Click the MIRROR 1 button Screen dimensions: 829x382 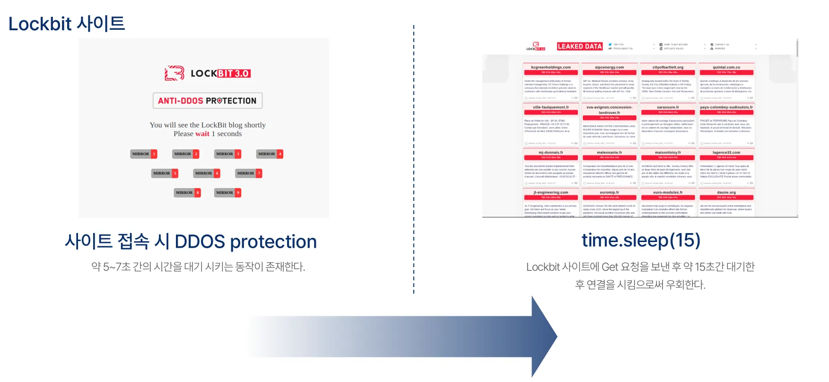(x=143, y=154)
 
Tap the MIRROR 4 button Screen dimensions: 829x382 (x=270, y=154)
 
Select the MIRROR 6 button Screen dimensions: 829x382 (x=207, y=174)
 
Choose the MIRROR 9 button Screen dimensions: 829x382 (x=227, y=193)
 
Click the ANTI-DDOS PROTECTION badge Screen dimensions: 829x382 (x=207, y=101)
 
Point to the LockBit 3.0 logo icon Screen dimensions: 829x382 (x=174, y=73)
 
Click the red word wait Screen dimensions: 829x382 (x=202, y=134)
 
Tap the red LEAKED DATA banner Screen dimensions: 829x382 (x=579, y=46)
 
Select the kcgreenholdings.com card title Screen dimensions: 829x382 (x=550, y=67)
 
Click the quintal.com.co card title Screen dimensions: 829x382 (x=726, y=67)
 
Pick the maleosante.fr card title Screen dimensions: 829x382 (x=609, y=153)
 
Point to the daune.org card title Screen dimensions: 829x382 (x=726, y=192)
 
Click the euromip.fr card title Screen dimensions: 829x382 (x=609, y=192)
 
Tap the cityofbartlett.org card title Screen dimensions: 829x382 (x=668, y=67)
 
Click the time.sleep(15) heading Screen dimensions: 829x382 (x=641, y=240)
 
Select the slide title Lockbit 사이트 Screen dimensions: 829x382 (x=67, y=24)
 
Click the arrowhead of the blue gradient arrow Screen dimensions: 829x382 (x=544, y=337)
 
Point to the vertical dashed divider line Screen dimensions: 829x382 (x=414, y=161)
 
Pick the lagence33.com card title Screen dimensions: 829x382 (x=726, y=153)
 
